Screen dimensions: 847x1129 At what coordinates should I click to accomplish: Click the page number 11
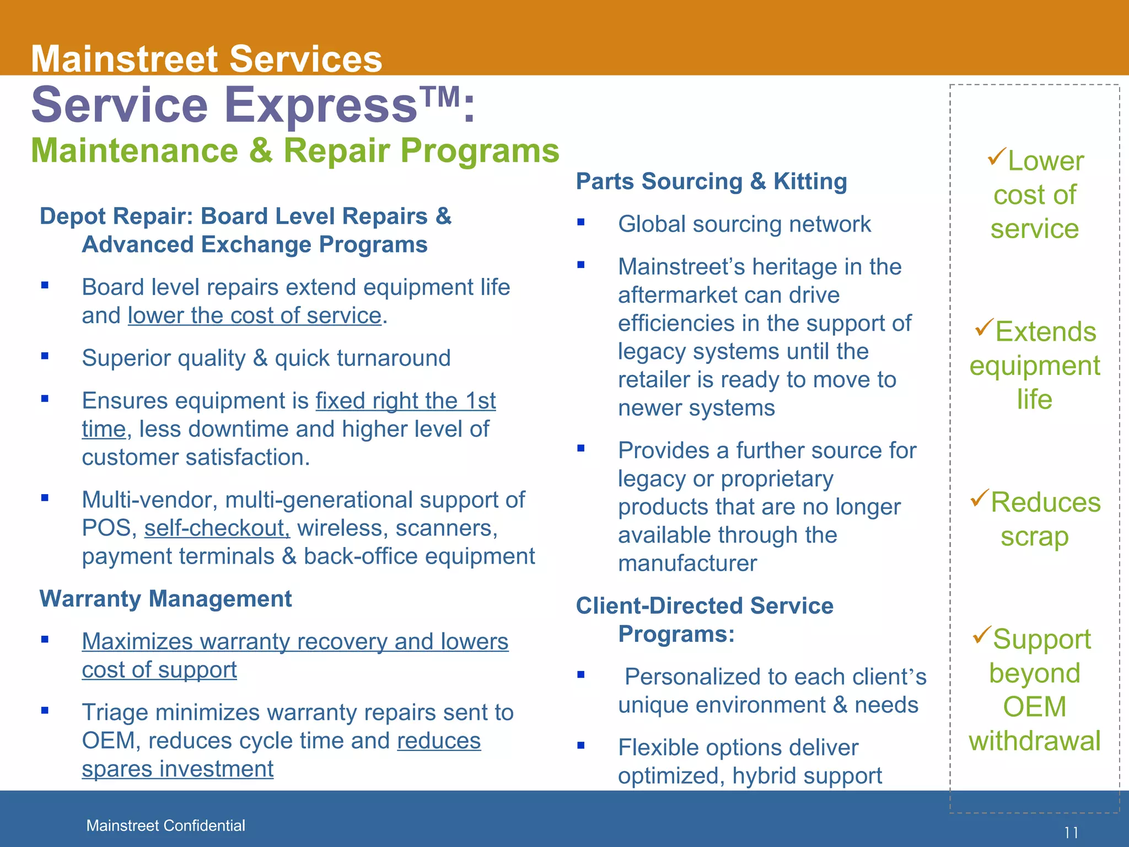(x=1071, y=833)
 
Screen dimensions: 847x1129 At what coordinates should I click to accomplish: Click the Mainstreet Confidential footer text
(x=165, y=825)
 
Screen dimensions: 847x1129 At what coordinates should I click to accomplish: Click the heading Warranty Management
(x=165, y=599)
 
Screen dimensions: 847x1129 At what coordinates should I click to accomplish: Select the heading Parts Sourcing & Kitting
(x=711, y=181)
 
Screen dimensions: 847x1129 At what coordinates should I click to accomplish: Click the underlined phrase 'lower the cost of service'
(x=255, y=316)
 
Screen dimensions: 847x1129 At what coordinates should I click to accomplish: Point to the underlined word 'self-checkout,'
(x=217, y=528)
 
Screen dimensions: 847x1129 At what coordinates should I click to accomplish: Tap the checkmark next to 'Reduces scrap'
(x=980, y=497)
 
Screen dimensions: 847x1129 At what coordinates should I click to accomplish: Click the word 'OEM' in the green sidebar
(x=1034, y=707)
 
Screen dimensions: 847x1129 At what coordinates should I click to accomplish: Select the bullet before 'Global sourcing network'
(x=580, y=223)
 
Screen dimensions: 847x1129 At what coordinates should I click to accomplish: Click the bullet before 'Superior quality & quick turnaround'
(x=45, y=356)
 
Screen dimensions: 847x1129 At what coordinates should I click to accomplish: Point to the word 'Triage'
(x=115, y=712)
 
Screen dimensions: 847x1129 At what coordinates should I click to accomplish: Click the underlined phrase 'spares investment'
(x=178, y=769)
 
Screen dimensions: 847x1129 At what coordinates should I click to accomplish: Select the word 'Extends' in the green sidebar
(x=1045, y=332)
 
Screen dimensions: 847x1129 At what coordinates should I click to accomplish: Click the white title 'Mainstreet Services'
(x=206, y=59)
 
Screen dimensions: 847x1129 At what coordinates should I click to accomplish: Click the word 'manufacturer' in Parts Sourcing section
(x=687, y=564)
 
